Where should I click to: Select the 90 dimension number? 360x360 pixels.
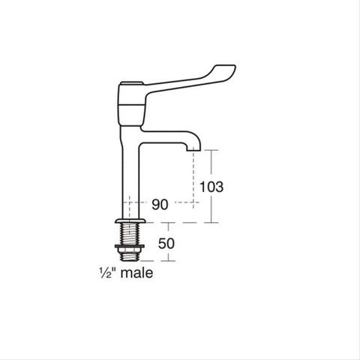point(160,204)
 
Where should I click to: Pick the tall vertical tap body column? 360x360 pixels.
point(130,172)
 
